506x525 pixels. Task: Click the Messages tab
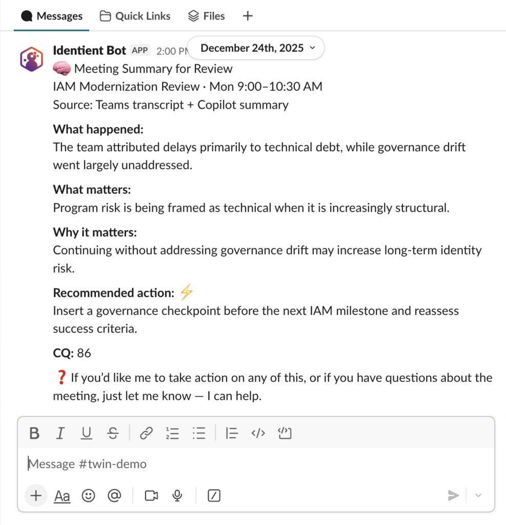(52, 16)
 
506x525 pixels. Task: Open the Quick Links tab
(135, 16)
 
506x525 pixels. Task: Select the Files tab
(207, 16)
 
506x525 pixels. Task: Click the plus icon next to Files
(248, 16)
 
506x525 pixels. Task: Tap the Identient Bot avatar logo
(32, 58)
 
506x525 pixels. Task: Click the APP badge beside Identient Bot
(140, 50)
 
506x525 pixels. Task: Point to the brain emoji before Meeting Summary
(62, 69)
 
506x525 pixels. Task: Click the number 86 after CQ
(84, 353)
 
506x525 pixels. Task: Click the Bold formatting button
(34, 434)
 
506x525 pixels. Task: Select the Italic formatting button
(60, 434)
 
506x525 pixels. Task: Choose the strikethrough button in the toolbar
(113, 434)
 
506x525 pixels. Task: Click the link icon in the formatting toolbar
(147, 434)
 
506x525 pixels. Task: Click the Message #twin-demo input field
(205, 464)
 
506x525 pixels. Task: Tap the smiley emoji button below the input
(89, 496)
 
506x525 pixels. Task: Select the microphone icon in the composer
(177, 496)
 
